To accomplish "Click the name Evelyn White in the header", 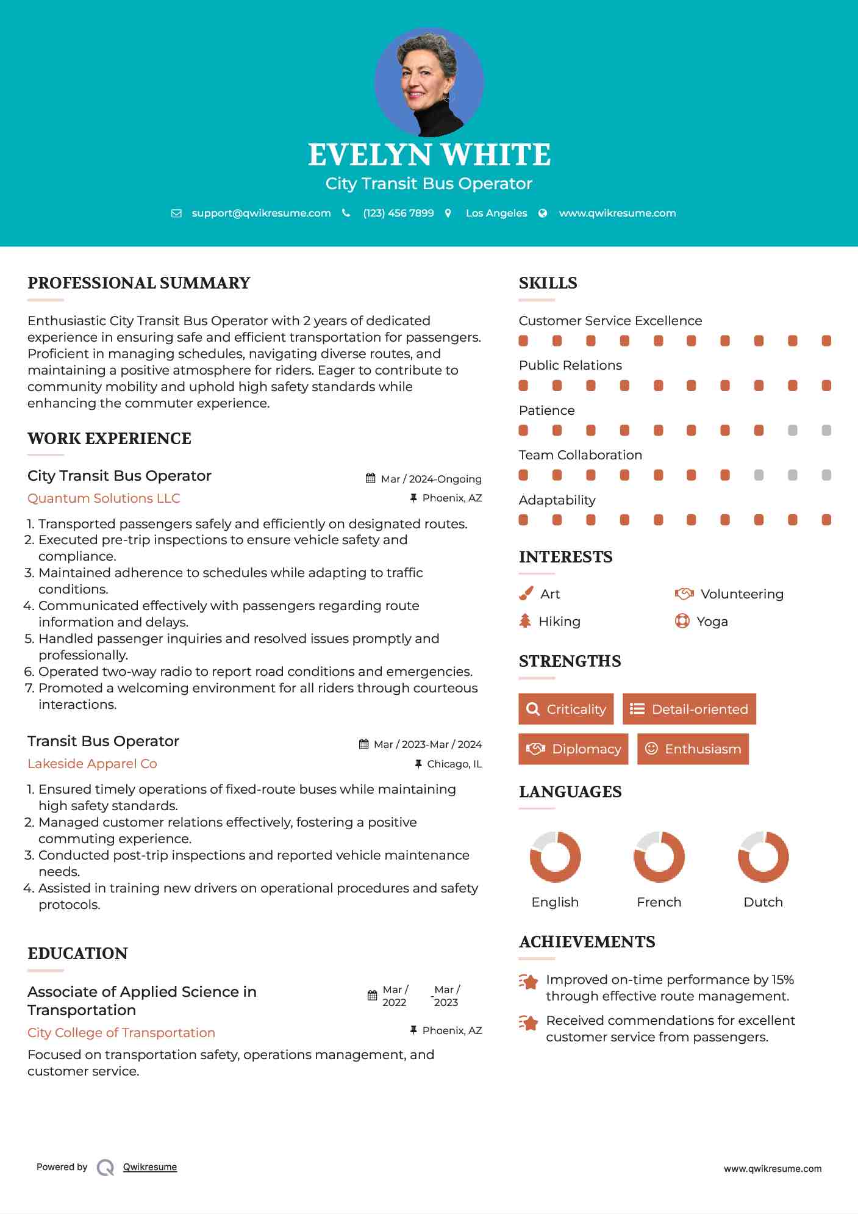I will click(x=429, y=155).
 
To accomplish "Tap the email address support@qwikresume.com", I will click(x=261, y=213).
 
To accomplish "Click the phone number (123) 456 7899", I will click(x=398, y=213).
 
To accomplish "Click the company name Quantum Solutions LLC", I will click(x=104, y=498).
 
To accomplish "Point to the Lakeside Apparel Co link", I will click(x=92, y=764).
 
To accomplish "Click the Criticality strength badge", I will click(x=566, y=709).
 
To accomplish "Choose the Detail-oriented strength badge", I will click(x=689, y=709).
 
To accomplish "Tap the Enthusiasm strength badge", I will click(x=693, y=749).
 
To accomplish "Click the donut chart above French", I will click(x=659, y=857).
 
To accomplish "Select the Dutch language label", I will click(x=763, y=902).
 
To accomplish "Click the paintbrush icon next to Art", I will click(x=526, y=594).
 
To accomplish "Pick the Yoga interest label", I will click(x=712, y=622).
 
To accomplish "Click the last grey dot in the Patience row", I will click(x=826, y=431).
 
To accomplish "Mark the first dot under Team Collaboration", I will click(x=523, y=475).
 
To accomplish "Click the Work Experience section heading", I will click(x=109, y=439).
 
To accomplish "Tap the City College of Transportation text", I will click(x=121, y=1033).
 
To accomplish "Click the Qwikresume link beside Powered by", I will click(x=150, y=1167).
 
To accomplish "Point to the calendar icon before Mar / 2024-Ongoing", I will click(x=370, y=478).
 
